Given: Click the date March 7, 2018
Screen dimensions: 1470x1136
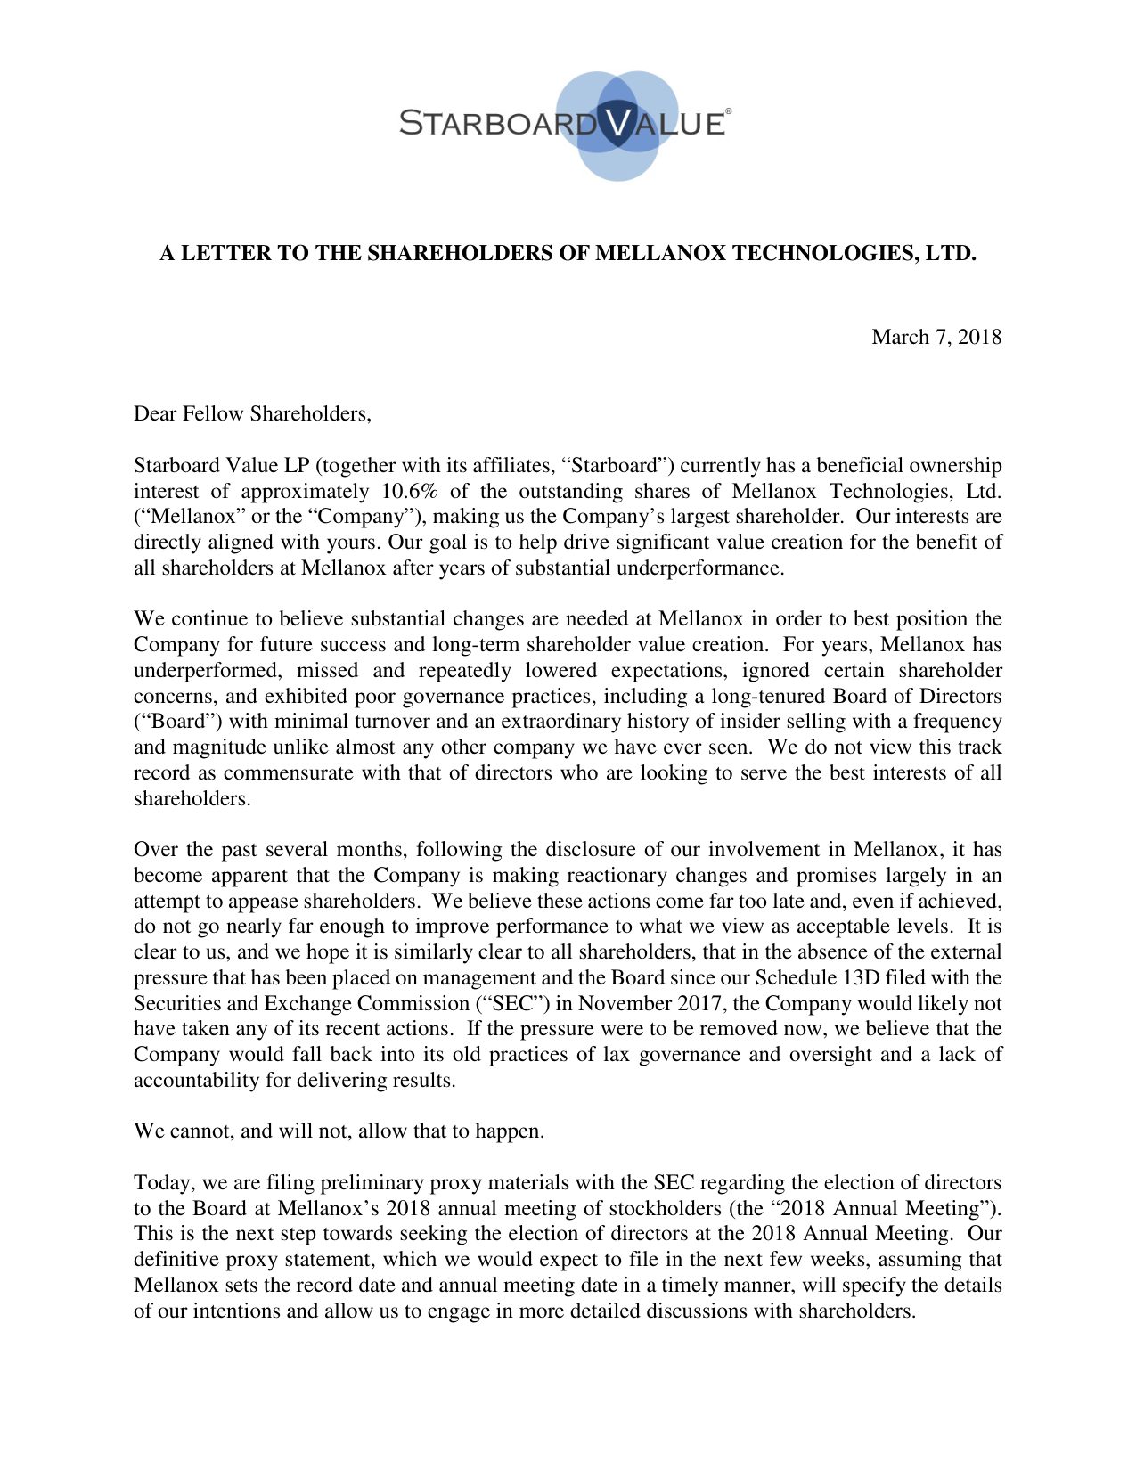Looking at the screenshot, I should click(936, 337).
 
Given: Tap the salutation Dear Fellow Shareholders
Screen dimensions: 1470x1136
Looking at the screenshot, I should click(252, 413).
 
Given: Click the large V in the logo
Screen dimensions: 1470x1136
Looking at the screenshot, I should click(616, 122).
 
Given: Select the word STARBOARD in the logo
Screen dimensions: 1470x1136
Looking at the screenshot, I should click(497, 123).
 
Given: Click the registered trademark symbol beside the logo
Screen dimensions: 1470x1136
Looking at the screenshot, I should click(728, 111).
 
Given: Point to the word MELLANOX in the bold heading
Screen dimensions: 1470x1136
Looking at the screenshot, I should click(660, 254).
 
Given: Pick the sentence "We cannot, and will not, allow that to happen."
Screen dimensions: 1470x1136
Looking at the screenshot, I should click(339, 1131).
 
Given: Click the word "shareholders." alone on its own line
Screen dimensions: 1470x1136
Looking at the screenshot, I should click(192, 799).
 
